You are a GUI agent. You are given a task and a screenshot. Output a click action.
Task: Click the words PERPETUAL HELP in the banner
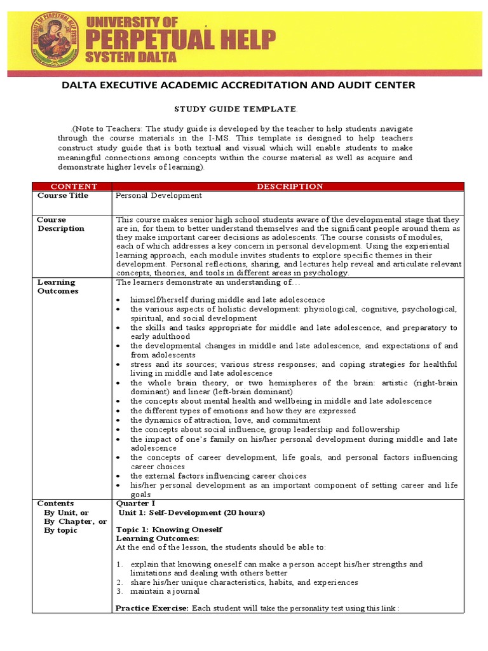point(181,41)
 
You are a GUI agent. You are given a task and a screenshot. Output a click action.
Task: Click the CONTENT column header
point(74,186)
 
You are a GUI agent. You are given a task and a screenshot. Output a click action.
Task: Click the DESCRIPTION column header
point(289,186)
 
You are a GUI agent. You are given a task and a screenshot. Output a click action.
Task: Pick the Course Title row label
point(62,196)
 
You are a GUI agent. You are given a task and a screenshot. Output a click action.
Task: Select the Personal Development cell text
point(159,196)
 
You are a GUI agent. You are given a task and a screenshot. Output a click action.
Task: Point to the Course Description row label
point(60,224)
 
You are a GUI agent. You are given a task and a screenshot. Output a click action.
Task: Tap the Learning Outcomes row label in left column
point(58,286)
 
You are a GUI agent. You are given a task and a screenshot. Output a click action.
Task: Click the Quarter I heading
point(135,503)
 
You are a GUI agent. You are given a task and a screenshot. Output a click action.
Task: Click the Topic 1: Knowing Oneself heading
point(169,530)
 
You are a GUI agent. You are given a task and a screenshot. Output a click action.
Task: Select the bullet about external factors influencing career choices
point(218,476)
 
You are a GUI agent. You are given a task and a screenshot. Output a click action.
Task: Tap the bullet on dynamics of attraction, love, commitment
point(225,420)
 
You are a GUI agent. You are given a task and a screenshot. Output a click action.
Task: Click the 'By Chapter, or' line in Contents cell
point(75,521)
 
